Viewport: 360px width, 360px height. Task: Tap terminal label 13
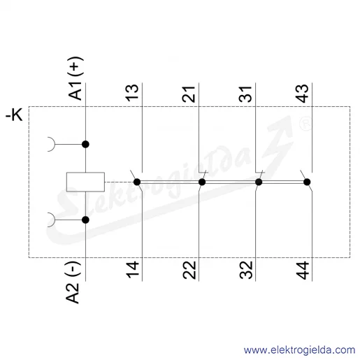pyautogui.click(x=132, y=93)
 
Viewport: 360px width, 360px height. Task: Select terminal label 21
pyautogui.click(x=189, y=94)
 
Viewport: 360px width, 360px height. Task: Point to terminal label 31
pyautogui.click(x=245, y=94)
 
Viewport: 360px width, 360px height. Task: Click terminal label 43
pyautogui.click(x=302, y=93)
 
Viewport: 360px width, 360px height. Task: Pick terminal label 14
pyautogui.click(x=132, y=270)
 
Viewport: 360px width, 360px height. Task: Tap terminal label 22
pyautogui.click(x=189, y=270)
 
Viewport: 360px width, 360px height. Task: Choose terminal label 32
pyautogui.click(x=246, y=270)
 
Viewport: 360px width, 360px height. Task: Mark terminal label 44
pyautogui.click(x=302, y=271)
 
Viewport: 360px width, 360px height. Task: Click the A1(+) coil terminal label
pyautogui.click(x=75, y=78)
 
